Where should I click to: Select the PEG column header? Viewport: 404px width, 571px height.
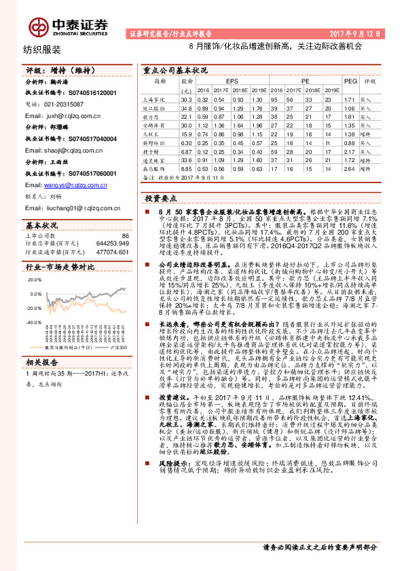tap(350, 80)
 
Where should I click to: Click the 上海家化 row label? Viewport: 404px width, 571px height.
tap(155, 99)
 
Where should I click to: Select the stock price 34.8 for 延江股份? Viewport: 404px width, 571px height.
tap(185, 108)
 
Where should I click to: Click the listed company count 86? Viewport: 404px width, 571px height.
tap(125, 235)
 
